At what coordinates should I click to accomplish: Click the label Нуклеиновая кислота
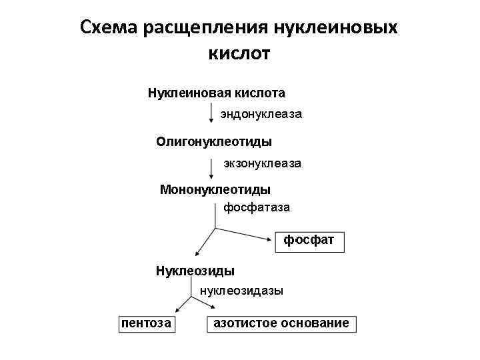(x=217, y=92)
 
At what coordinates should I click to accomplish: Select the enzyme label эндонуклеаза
(x=261, y=115)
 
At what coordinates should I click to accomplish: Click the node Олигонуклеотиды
(x=214, y=141)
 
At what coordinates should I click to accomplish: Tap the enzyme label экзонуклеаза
(x=262, y=163)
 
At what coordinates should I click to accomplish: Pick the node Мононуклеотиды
(x=215, y=190)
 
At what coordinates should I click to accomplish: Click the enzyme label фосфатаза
(x=257, y=207)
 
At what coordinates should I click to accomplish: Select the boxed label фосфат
(x=310, y=239)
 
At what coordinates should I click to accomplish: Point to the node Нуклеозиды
(x=195, y=271)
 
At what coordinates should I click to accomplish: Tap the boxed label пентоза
(x=145, y=323)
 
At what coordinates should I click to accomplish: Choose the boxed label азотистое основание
(x=281, y=323)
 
